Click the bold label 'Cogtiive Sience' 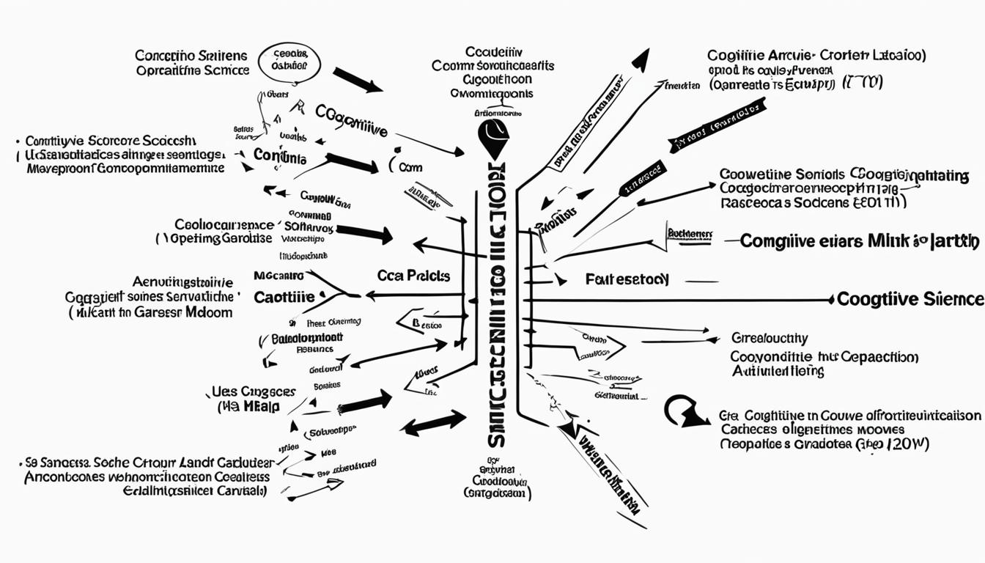click(910, 299)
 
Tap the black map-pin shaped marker click(492, 138)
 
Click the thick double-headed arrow click(435, 423)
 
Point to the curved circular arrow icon click(683, 412)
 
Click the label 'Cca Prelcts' click(413, 276)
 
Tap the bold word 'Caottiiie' click(284, 298)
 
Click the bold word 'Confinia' click(280, 155)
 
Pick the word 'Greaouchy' click(770, 339)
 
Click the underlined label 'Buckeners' click(690, 234)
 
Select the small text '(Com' click(407, 167)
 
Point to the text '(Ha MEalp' click(248, 407)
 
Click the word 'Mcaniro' click(278, 276)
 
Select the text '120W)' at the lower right click(908, 444)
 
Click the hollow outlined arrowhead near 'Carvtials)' click(334, 483)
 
